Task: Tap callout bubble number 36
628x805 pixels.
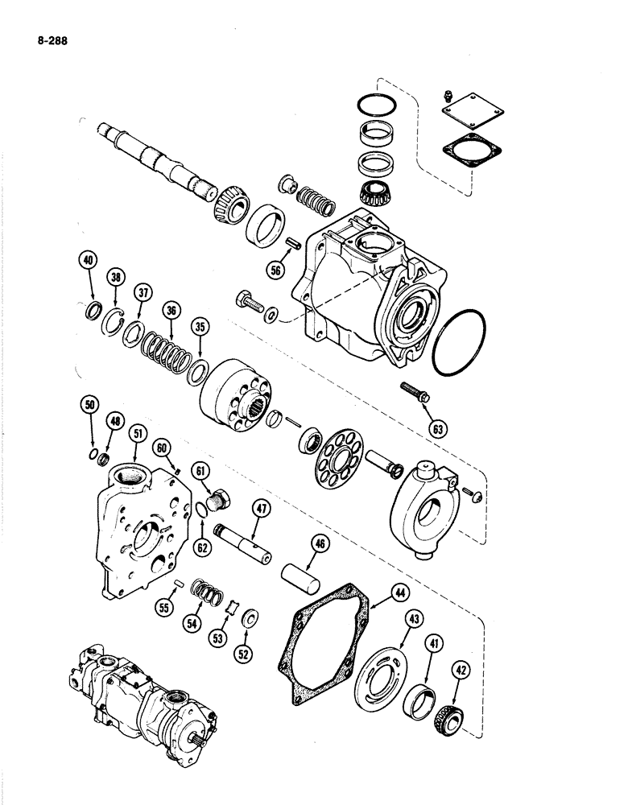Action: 170,309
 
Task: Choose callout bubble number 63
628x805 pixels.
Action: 438,429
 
